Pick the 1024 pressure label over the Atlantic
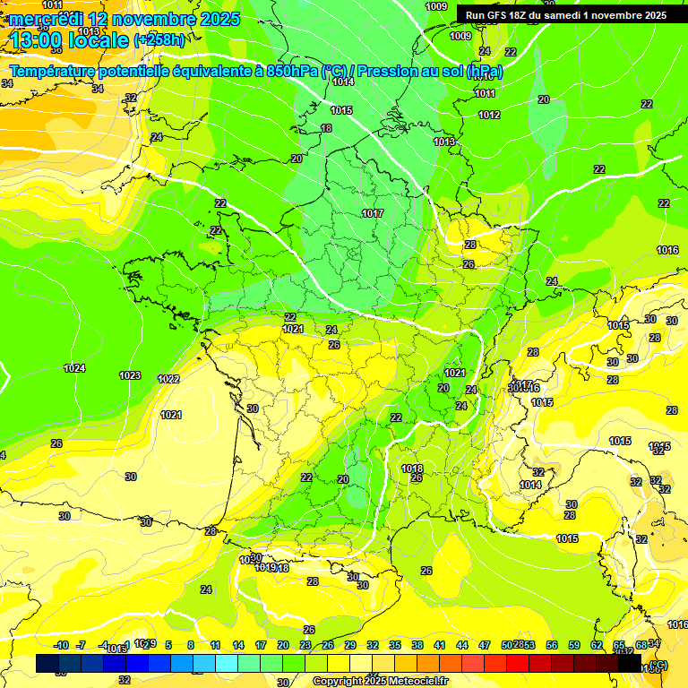(75, 368)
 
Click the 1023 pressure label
(130, 375)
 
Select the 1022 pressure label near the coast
(168, 379)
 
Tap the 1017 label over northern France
(373, 213)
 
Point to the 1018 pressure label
(412, 469)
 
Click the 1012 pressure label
(489, 115)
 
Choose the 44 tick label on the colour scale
(462, 645)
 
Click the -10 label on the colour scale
(61, 645)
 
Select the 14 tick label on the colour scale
(238, 645)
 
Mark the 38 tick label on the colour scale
(417, 645)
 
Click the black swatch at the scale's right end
(630, 664)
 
